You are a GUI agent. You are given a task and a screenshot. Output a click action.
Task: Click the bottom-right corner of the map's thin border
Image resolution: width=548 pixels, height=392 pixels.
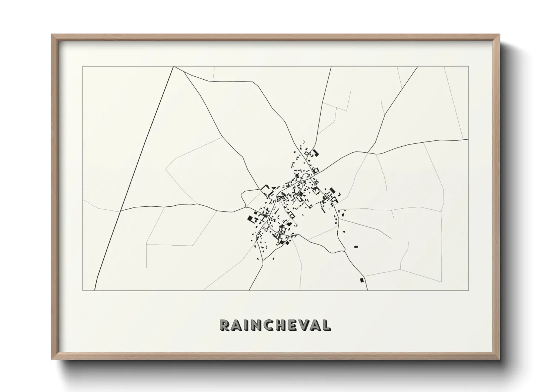click(469, 290)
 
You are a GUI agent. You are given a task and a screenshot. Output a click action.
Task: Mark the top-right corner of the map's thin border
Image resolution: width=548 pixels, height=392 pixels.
click(469, 66)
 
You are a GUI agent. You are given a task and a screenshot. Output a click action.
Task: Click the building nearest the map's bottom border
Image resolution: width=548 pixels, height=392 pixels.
click(361, 280)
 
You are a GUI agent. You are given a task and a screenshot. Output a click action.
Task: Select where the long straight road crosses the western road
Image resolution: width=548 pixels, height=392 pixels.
click(121, 210)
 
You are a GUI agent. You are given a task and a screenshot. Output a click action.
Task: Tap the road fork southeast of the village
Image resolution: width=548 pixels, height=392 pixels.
click(345, 251)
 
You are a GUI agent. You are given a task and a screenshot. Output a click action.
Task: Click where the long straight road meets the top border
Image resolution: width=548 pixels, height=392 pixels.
click(173, 67)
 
